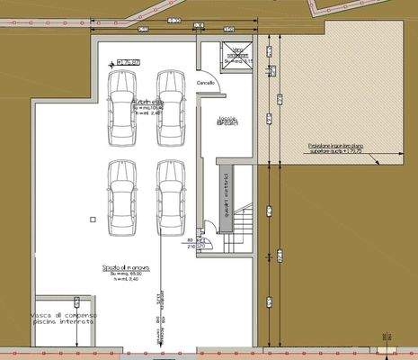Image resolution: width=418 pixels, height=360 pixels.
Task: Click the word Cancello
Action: [207, 83]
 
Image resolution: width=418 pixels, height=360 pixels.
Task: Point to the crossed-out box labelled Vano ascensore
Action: [236, 53]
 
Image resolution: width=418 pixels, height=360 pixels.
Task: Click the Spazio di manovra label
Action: [125, 268]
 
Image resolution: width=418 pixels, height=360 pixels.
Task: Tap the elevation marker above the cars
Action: [126, 62]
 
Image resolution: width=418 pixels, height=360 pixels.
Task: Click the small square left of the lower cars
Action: [93, 219]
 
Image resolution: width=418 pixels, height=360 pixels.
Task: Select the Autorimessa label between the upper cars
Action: [146, 103]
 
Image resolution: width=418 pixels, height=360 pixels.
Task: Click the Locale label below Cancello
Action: [228, 121]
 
